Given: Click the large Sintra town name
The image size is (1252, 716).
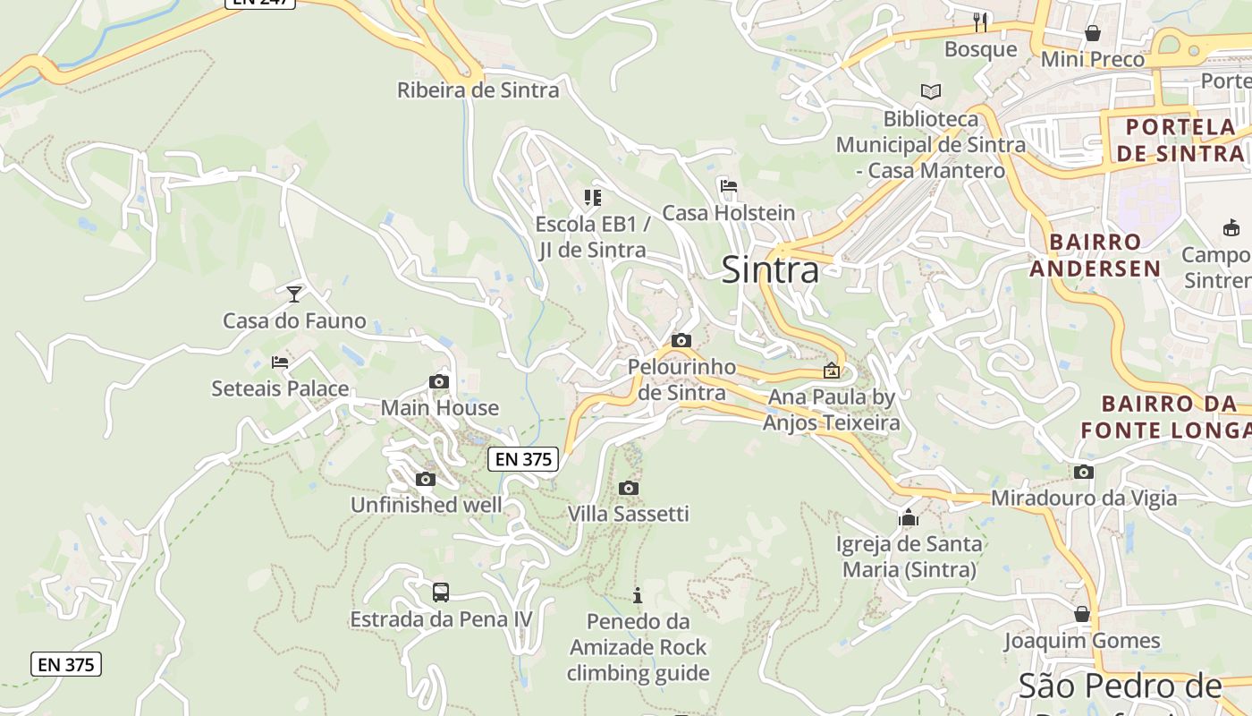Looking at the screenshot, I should (770, 269).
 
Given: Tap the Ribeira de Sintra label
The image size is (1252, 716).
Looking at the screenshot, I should (478, 89).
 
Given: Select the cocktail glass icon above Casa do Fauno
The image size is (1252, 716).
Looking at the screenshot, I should (294, 294).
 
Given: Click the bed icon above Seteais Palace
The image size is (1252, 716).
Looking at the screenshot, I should (280, 362).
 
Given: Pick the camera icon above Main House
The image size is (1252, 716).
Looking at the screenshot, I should (438, 382).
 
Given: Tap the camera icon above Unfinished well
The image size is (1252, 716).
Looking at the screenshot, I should (426, 479).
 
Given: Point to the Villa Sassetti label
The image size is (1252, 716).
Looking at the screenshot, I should (629, 514).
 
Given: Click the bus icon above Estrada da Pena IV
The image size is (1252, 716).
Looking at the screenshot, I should (441, 592).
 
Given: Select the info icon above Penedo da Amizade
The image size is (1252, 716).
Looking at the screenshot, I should (638, 595).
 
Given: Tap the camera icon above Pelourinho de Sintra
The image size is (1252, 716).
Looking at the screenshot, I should (681, 340).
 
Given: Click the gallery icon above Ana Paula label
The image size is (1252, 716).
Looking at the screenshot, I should (832, 370).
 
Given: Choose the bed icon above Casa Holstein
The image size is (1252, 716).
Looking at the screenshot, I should (729, 187).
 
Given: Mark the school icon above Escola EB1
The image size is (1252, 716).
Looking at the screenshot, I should (593, 197).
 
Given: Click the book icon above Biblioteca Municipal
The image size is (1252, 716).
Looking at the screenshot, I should (931, 91).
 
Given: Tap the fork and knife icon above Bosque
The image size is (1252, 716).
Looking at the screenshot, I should (981, 21).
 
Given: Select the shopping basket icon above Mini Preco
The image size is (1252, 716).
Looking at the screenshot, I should (1093, 33).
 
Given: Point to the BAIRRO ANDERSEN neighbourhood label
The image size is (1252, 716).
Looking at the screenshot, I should (1095, 255).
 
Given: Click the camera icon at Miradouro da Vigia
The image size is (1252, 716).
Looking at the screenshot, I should (1084, 472).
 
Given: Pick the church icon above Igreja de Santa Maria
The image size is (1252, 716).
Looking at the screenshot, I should (909, 517).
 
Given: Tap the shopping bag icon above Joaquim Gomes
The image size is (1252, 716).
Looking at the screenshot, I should (1082, 614).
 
